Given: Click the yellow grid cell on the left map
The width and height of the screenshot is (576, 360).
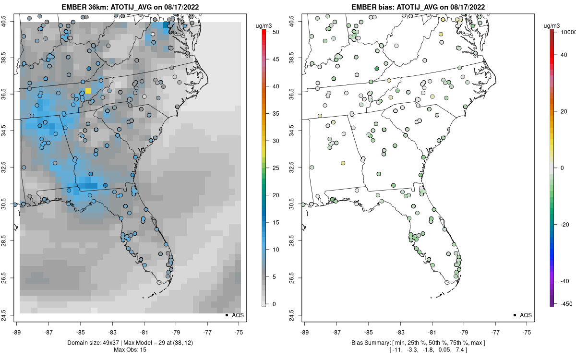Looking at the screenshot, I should pos(88,91).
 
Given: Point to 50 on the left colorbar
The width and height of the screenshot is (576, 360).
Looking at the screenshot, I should pos(273,32).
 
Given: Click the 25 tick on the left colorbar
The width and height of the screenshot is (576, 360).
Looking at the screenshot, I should pos(273,168).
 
